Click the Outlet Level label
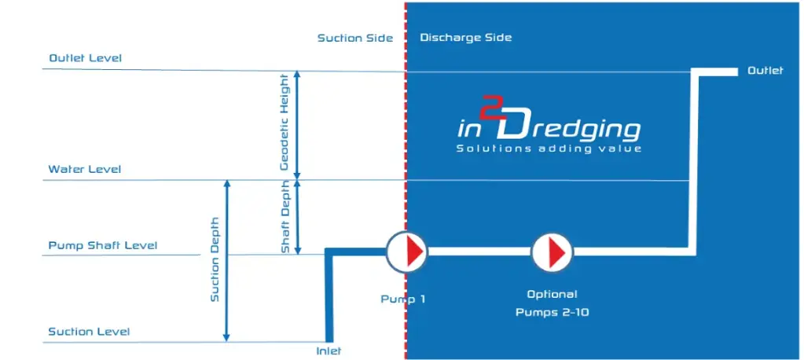[85, 58]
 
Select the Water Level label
[85, 169]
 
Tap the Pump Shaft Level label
[102, 246]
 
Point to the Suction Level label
[90, 332]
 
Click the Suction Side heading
[355, 38]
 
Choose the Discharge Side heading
[465, 38]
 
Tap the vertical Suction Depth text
[215, 259]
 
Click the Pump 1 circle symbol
[406, 252]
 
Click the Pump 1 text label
[403, 299]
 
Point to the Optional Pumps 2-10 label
[553, 303]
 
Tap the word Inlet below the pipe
[329, 351]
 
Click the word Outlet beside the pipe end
[765, 71]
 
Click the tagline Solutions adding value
[549, 149]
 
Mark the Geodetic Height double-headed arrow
[297, 126]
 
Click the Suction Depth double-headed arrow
[226, 261]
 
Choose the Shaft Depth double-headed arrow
[297, 218]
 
